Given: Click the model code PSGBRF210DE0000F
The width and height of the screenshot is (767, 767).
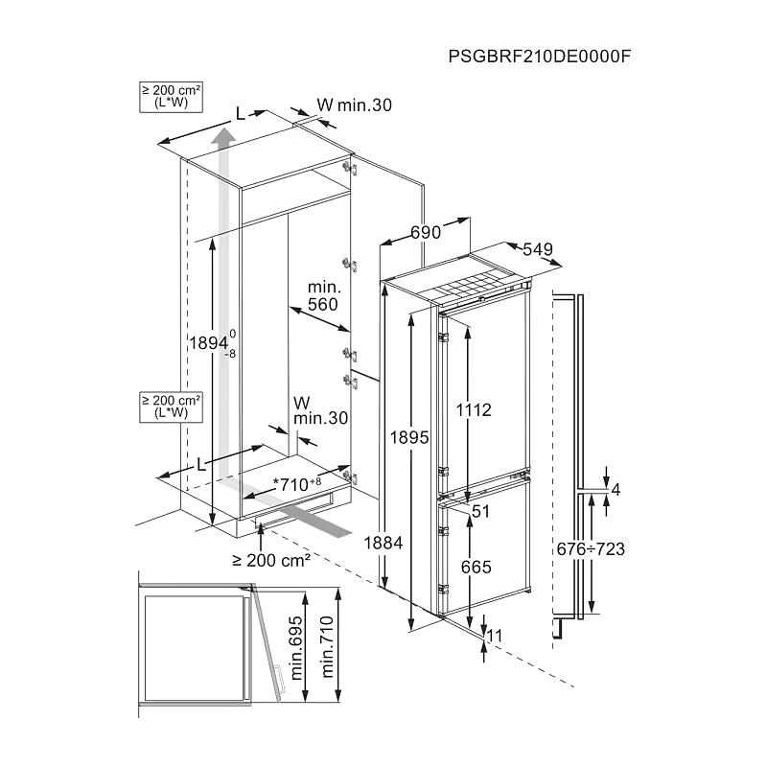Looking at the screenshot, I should tap(539, 55).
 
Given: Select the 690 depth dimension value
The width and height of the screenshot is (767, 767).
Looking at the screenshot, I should tap(426, 232).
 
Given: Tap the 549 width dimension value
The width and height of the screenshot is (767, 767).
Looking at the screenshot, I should tap(539, 249).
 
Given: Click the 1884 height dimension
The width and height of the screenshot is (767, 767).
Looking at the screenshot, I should tap(383, 543).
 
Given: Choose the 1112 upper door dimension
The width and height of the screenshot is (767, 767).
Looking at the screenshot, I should tap(473, 409).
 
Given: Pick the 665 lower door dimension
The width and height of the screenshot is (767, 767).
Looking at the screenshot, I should tap(475, 568).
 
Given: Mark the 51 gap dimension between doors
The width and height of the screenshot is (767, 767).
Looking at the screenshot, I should tap(480, 512).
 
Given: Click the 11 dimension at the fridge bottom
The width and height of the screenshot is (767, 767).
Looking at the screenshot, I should tap(495, 635).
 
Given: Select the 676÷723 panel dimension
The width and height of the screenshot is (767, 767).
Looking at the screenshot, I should tap(591, 548).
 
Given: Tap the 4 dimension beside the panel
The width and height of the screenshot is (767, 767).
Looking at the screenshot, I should tap(616, 489).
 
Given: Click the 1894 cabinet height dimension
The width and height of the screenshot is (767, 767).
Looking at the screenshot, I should tap(208, 343).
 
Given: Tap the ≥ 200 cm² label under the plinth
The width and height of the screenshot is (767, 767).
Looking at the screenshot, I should tap(268, 561).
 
